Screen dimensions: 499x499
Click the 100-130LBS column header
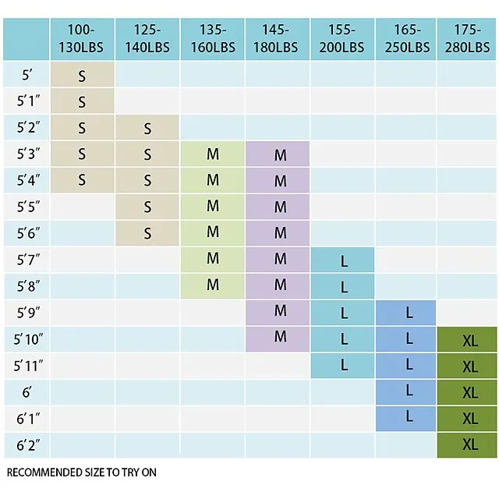tap(82, 38)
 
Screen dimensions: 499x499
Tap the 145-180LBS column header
tap(278, 38)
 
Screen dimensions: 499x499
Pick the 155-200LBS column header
tap(342, 38)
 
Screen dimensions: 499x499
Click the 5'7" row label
tap(27, 260)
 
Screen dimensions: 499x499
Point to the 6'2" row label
tap(27, 445)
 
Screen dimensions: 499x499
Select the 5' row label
tap(27, 76)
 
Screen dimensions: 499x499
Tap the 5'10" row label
tap(27, 339)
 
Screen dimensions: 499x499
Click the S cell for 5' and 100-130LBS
tap(82, 76)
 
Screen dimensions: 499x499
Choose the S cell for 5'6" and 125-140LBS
tap(147, 233)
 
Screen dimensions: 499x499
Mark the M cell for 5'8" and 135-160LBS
tap(213, 285)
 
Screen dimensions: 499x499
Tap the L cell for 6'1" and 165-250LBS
tap(409, 417)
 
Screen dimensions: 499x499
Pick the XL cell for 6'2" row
tap(469, 444)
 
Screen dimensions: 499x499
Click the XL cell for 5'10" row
tap(469, 340)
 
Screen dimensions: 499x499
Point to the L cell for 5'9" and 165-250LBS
tap(409, 313)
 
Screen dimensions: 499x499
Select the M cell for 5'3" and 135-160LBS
tap(213, 154)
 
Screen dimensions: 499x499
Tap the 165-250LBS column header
tap(407, 38)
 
